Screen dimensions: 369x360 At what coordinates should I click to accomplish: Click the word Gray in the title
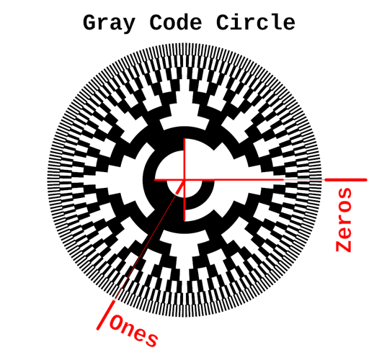109,23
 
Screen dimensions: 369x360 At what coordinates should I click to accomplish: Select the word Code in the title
176,22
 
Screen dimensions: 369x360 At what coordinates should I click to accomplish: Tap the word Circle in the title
256,22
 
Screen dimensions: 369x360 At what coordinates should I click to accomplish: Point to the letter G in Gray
90,22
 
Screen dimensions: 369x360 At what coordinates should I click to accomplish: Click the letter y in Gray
128,25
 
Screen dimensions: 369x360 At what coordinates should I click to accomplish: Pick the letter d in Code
182,22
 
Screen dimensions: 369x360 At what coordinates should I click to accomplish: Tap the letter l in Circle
275,22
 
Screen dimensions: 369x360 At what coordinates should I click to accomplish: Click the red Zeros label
344,220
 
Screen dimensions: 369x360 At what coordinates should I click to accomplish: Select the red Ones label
134,331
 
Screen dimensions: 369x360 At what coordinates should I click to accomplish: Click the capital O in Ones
117,323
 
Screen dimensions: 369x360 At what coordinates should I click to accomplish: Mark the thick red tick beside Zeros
346,180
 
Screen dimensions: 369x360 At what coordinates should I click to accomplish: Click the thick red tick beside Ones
106,315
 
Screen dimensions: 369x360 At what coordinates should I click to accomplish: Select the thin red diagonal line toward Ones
149,240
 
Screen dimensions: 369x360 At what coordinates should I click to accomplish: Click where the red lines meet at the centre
184,179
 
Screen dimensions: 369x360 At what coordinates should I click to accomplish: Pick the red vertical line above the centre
184,159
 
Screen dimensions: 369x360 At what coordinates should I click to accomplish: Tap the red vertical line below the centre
184,200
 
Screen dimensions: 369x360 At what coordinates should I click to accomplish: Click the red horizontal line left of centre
169,179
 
